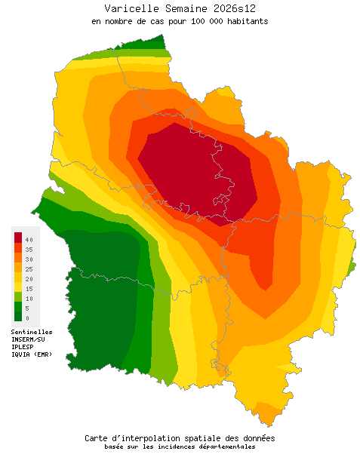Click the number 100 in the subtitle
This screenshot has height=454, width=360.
click(195, 21)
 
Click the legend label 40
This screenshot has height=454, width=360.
click(29, 239)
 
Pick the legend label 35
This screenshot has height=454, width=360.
click(29, 249)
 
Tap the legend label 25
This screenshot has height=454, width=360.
click(29, 268)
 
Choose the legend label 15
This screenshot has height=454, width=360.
click(29, 289)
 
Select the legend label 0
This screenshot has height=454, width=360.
click(27, 318)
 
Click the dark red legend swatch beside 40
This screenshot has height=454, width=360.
click(18, 238)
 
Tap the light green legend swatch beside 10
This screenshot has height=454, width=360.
click(18, 297)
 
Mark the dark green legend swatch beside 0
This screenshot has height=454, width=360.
click(18, 317)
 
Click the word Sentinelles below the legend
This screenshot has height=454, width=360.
click(32, 332)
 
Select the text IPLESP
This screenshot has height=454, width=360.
click(24, 347)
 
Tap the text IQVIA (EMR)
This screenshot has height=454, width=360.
click(32, 354)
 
